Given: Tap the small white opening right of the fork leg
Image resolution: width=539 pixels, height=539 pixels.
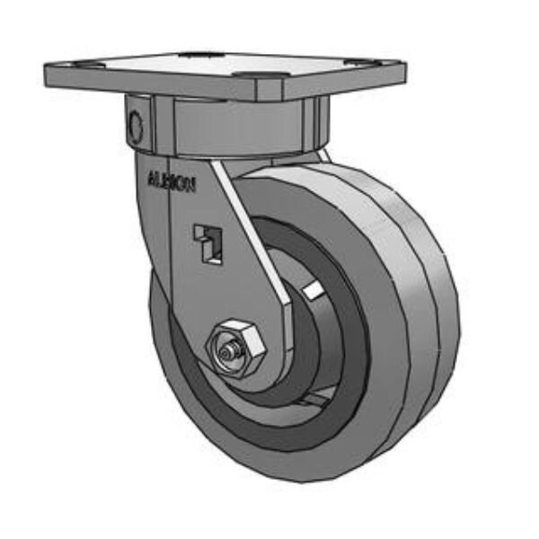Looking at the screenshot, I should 313,289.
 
